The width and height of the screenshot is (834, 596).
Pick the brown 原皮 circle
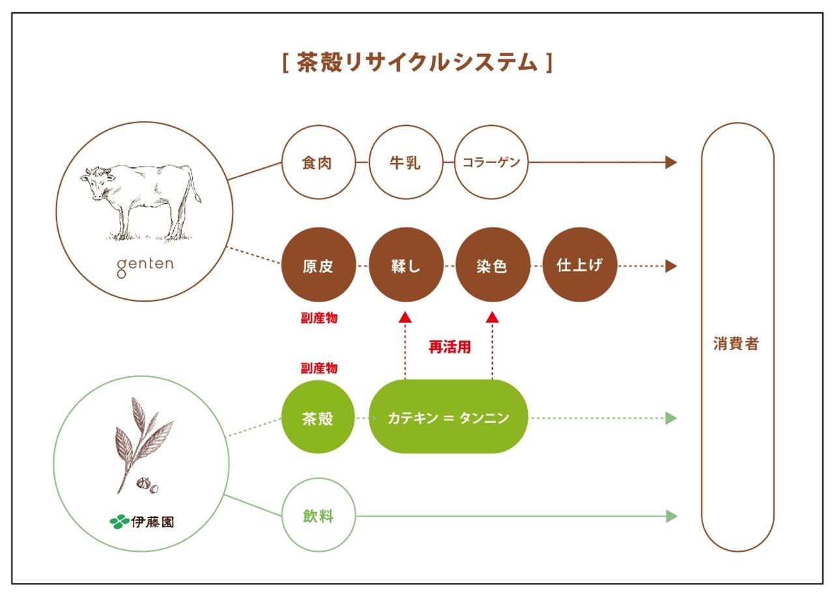319,264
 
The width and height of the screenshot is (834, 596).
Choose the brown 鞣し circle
406,264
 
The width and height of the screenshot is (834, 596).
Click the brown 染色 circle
493,264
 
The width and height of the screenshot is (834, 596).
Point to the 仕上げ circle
580,264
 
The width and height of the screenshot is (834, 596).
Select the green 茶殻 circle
318,417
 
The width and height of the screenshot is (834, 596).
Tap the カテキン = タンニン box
448,417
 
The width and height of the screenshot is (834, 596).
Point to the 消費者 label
736,344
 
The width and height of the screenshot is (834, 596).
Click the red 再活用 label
450,347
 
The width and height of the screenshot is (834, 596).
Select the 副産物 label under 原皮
319,318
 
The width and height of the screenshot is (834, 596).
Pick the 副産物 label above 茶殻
319,368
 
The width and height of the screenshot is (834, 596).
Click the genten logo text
145,266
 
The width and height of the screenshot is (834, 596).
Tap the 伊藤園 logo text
152,522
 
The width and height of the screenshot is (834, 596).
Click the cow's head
96,182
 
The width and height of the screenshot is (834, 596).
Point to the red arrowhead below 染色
492,317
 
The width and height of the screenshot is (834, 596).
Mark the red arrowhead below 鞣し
405,317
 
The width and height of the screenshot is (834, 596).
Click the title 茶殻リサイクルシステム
417,62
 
